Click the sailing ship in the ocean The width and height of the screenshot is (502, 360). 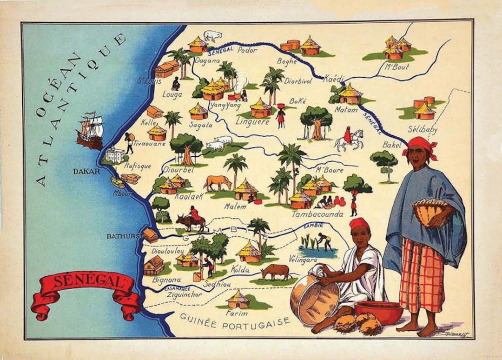pyautogui.click(x=91, y=130)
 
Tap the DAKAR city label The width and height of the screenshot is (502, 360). pyautogui.click(x=86, y=172)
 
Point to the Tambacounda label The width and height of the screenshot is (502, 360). pyautogui.click(x=317, y=214)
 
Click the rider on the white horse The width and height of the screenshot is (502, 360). pyautogui.click(x=348, y=138)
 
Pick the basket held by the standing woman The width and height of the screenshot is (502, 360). pyautogui.click(x=429, y=212)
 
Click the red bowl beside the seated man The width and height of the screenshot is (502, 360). pyautogui.click(x=378, y=312)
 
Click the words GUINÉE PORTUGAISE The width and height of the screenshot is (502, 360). pyautogui.click(x=234, y=321)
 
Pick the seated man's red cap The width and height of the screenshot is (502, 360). pyautogui.click(x=359, y=224)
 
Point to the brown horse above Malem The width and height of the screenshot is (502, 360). pyautogui.click(x=218, y=182)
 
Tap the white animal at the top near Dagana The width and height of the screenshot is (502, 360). pyautogui.click(x=213, y=36)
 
